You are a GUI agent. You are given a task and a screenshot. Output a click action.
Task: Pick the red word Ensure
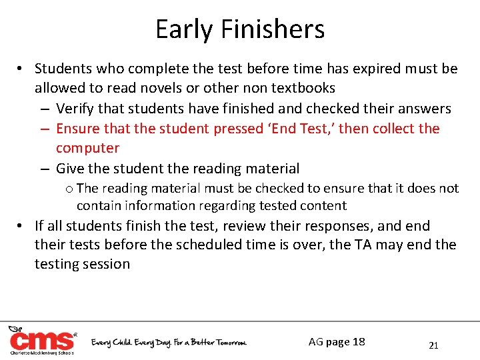(77, 128)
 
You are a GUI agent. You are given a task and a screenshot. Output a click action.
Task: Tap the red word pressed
(239, 128)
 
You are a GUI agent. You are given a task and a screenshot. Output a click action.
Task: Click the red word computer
(87, 148)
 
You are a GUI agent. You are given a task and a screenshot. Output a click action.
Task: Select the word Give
(69, 168)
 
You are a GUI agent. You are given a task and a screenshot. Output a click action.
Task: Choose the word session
(106, 264)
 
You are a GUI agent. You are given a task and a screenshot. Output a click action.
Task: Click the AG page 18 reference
(337, 342)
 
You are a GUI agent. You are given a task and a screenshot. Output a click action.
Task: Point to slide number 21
(433, 345)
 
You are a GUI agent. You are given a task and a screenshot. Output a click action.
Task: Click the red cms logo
(41, 341)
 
